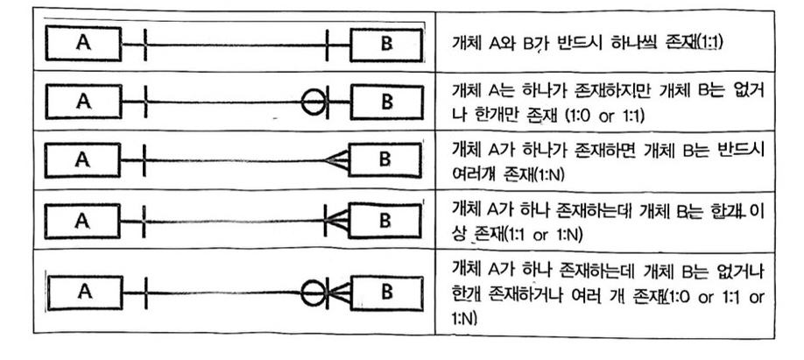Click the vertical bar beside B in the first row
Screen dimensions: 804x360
[328, 41]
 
